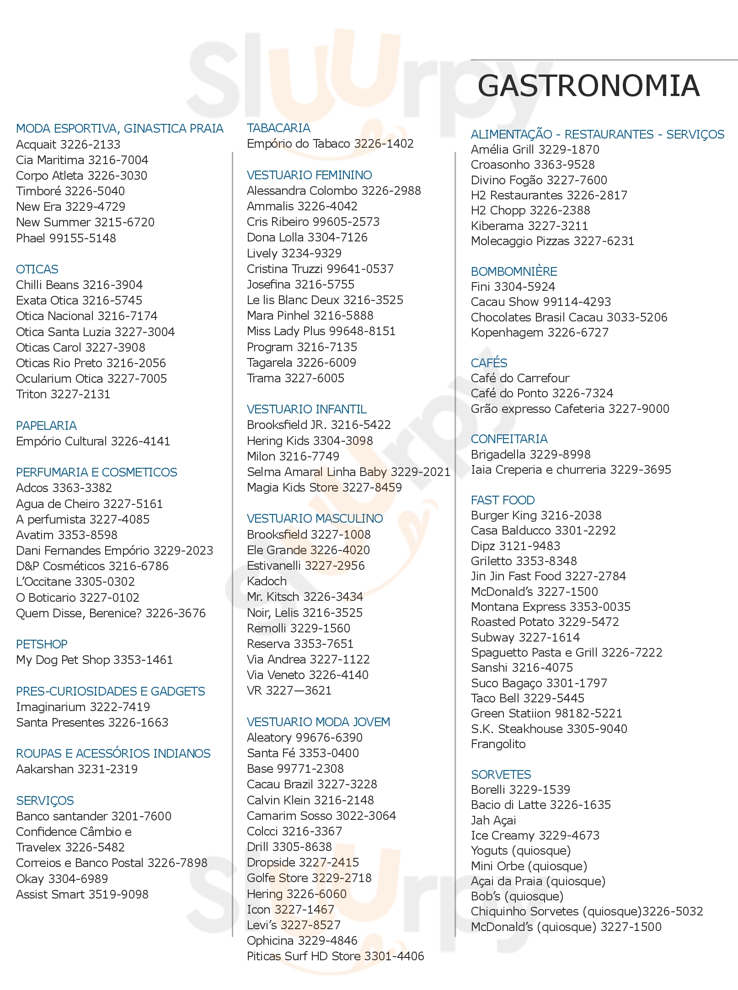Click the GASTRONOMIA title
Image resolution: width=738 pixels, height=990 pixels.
pos(588,86)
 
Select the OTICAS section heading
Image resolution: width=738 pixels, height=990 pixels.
pos(37,269)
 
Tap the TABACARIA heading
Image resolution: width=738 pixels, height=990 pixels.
pos(278,128)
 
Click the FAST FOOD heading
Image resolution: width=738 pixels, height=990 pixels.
pos(503,500)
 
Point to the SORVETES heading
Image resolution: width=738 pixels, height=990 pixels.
pos(501,774)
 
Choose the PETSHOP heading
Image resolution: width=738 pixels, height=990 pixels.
pos(42,644)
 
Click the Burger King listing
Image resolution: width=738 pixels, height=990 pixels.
pos(536,515)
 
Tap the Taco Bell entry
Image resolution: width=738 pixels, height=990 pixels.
pos(527,698)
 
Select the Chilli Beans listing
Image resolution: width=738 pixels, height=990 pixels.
pos(79,285)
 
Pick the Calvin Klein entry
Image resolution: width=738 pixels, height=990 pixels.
pos(310,800)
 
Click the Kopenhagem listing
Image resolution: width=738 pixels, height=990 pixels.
pos(540,332)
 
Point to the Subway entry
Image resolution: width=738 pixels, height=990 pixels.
pos(525,637)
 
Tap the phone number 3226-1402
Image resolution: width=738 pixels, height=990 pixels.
pos(384,144)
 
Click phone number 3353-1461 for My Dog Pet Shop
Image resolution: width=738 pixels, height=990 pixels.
pos(143,660)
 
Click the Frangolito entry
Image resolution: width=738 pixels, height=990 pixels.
pos(498,744)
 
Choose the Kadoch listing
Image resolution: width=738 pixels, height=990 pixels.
pos(267,581)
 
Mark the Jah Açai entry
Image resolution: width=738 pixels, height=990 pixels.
pos(493,820)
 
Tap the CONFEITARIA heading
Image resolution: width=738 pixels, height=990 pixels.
pos(509,439)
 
